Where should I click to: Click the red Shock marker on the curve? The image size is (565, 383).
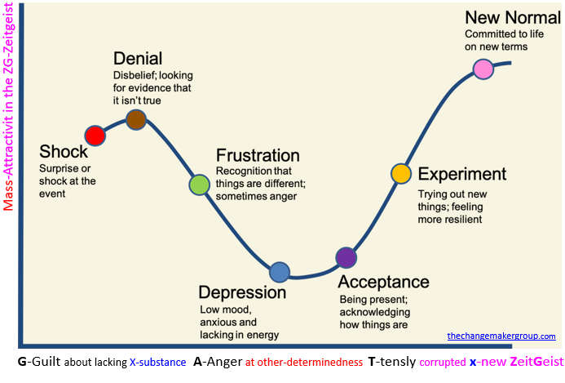[95, 135]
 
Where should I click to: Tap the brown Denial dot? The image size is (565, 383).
[135, 120]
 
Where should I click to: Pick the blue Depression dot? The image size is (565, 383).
[279, 272]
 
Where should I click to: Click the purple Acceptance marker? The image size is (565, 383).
[347, 257]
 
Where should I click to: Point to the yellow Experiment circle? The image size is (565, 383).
[401, 173]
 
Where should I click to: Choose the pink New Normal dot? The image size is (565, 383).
[483, 70]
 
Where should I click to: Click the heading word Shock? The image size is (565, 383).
[63, 152]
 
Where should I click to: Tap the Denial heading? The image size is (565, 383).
[138, 59]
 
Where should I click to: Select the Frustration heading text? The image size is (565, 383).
[258, 156]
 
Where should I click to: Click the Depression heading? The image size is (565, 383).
[243, 292]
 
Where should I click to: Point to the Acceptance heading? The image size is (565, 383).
[383, 282]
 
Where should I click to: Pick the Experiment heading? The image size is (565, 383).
[461, 174]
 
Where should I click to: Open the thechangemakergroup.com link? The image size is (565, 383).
[501, 336]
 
